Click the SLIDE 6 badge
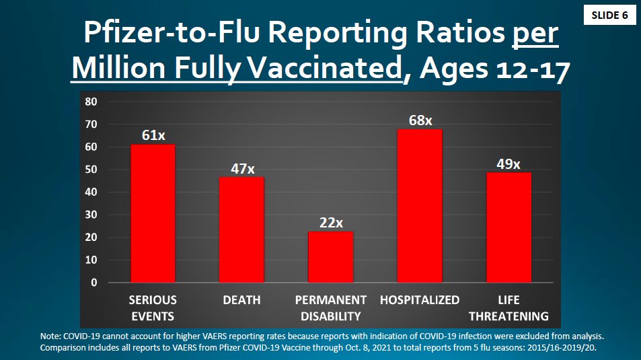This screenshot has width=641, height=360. [x=609, y=15]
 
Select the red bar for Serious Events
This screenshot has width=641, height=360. [x=153, y=213]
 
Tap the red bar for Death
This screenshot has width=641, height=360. [x=241, y=229]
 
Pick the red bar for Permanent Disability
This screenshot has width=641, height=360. [x=330, y=257]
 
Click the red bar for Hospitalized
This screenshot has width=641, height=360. [x=420, y=205]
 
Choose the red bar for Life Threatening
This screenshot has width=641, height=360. [x=508, y=227]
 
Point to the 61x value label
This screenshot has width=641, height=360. [x=153, y=135]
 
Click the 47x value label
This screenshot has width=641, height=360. [x=242, y=168]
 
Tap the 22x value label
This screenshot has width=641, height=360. [x=331, y=223]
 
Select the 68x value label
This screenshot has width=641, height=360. [x=420, y=120]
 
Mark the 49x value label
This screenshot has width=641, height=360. [x=508, y=164]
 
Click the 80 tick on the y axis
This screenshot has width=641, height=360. [x=91, y=102]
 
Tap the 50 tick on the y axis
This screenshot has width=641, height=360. [x=91, y=170]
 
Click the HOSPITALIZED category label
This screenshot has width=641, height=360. [x=420, y=300]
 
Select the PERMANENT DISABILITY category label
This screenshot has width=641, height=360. [x=331, y=308]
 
